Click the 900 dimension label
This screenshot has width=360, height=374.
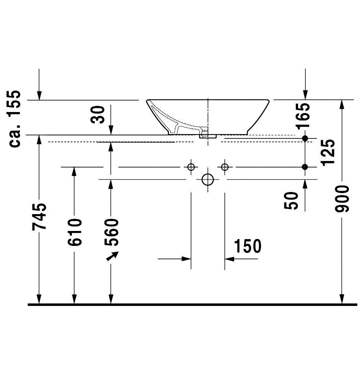tap(342, 199)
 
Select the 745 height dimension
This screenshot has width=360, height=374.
tap(39, 217)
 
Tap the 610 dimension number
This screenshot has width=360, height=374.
tap(75, 233)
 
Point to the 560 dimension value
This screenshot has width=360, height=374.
tap(111, 233)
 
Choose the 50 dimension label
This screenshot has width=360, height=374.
tap(291, 201)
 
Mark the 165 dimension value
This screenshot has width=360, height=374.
tap(303, 116)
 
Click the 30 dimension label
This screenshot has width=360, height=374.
tap(97, 114)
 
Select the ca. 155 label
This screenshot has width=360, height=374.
tap(14, 119)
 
